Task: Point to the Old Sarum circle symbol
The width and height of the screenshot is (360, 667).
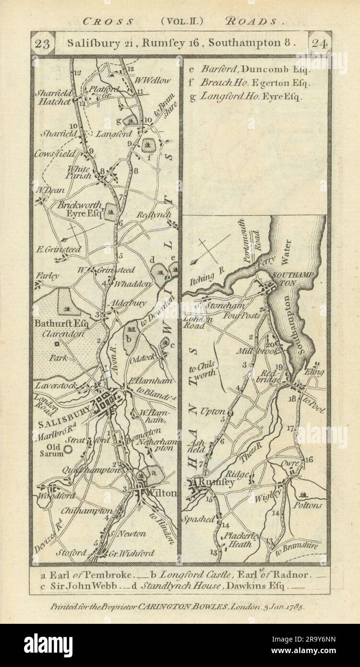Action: tap(68, 449)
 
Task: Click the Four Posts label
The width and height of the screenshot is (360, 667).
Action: tap(245, 316)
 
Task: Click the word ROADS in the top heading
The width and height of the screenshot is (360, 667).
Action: tap(260, 21)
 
